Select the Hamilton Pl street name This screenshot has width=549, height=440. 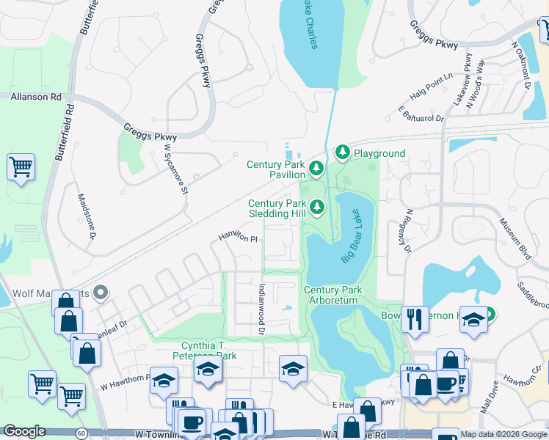[x=239, y=238]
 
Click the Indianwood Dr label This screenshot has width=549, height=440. [x=261, y=309]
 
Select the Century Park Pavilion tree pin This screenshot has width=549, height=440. [x=316, y=169]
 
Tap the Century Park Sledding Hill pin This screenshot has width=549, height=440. [x=317, y=208]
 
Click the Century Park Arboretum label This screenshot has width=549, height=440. [x=333, y=296]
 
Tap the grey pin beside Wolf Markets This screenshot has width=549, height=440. [x=101, y=293]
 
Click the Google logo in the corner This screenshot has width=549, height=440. [x=25, y=431]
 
